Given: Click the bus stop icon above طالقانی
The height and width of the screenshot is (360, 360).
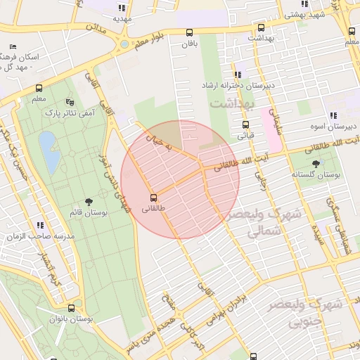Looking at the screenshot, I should point(154,197).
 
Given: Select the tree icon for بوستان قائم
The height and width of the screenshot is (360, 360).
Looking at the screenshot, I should point(88,202).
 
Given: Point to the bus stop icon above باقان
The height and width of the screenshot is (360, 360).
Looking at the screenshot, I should point(189,32).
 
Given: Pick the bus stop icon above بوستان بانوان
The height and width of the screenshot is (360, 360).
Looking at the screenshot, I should point(71,308).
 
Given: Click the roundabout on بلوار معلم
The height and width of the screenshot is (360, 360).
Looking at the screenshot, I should point(124,44).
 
